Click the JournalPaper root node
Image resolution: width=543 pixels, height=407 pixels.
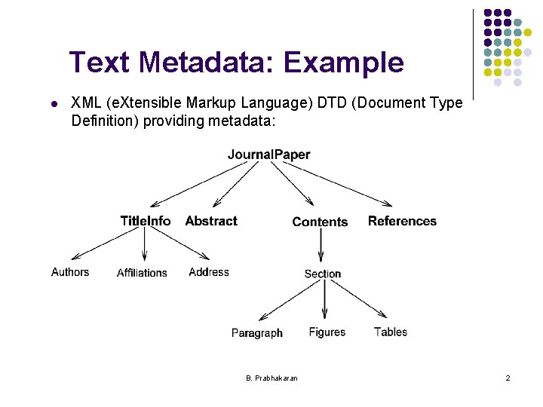tap(268, 155)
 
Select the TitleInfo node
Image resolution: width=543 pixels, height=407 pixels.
tap(145, 221)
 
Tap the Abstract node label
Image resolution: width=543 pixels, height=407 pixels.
tap(211, 221)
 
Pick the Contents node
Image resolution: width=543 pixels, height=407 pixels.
tap(320, 222)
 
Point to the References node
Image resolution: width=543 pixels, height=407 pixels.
tap(402, 221)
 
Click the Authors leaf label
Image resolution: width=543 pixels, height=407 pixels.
tap(70, 272)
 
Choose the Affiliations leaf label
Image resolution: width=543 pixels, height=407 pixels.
tap(142, 273)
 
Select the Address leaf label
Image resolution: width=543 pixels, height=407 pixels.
tap(209, 272)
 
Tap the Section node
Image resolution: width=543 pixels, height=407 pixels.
tap(323, 274)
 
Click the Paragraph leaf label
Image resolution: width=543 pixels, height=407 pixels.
tap(257, 333)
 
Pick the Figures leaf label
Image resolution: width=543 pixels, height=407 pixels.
tap(327, 332)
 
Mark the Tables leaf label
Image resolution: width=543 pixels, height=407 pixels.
tap(391, 332)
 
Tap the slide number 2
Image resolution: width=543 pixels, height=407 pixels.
tap(508, 378)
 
